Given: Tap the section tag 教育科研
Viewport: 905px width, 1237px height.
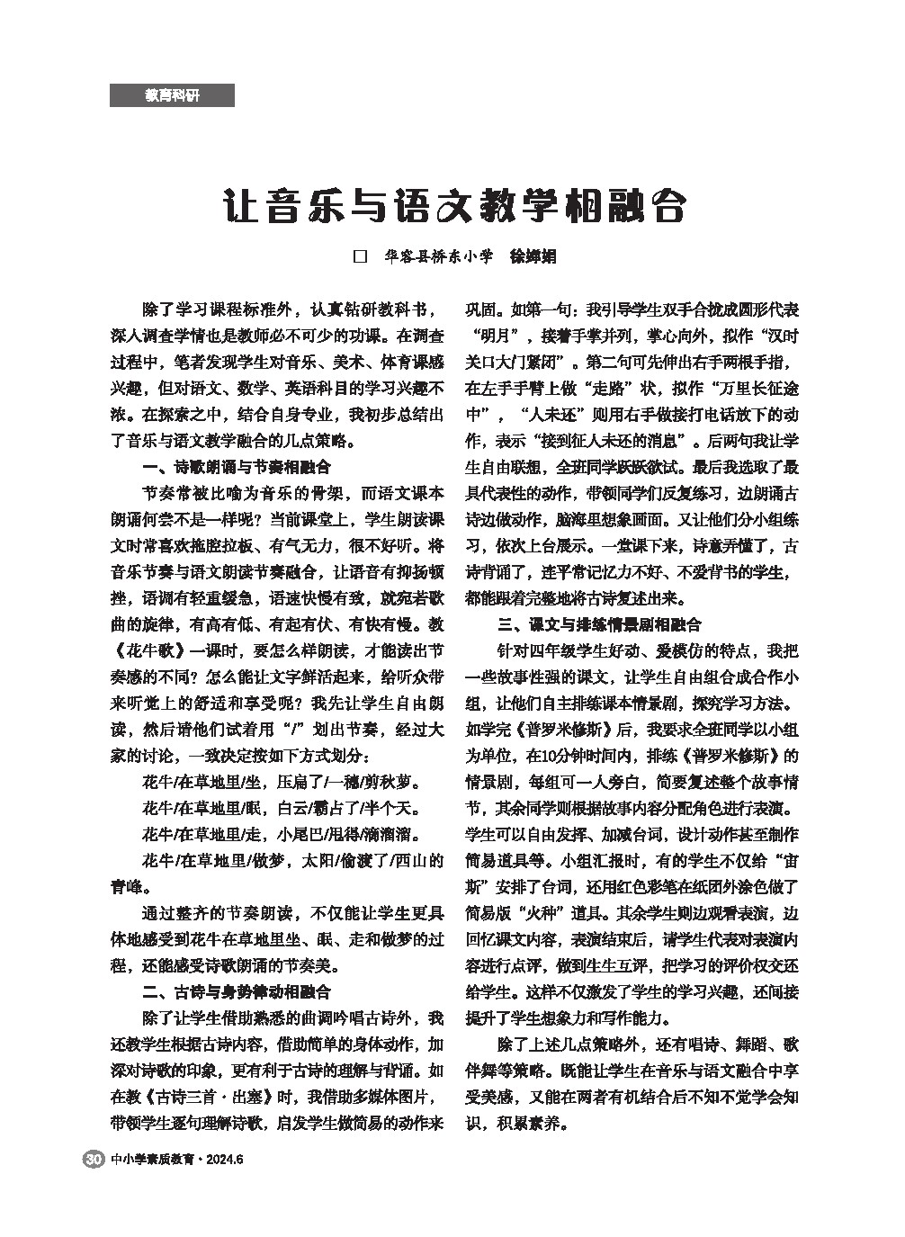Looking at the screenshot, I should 172,95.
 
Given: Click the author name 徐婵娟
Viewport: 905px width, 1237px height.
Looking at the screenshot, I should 533,256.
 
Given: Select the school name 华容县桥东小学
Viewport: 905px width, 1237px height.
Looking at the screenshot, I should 438,256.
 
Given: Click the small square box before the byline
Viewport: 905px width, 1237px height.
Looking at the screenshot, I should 362,256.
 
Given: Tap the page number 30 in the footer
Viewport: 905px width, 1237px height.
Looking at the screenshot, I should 92,1159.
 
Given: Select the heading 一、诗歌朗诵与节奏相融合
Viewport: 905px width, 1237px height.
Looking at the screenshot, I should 237,468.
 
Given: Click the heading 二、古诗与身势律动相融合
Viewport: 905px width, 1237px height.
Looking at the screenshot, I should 237,992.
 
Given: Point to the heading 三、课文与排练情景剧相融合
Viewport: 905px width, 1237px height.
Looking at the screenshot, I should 599,624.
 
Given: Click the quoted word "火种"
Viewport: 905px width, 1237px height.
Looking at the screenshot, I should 547,913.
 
